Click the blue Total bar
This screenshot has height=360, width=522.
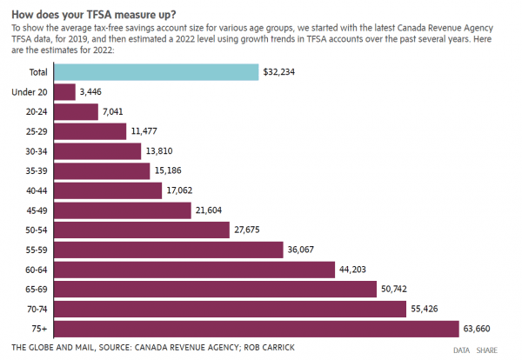pyautogui.click(x=157, y=72)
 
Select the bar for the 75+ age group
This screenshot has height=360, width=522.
pyautogui.click(x=256, y=328)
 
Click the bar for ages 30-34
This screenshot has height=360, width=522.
pyautogui.click(x=97, y=151)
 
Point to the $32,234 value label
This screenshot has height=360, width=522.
pyautogui.click(x=280, y=73)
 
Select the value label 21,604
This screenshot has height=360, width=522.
pyautogui.click(x=212, y=210)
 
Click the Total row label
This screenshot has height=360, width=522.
pyautogui.click(x=37, y=72)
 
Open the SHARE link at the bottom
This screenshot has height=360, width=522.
pyautogui.click(x=486, y=350)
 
